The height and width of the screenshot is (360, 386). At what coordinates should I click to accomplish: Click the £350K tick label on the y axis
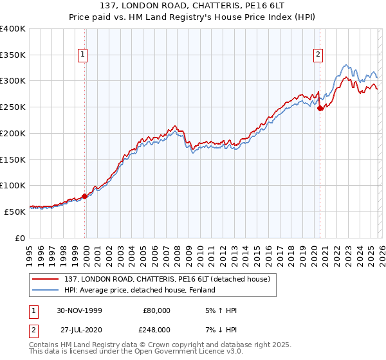coord(13,55)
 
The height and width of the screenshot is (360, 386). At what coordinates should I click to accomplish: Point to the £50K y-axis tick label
coord(15,211)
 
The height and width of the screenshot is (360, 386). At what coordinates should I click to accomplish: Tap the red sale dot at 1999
coord(84,196)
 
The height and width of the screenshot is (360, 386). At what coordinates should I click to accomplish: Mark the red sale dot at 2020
coord(320,109)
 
